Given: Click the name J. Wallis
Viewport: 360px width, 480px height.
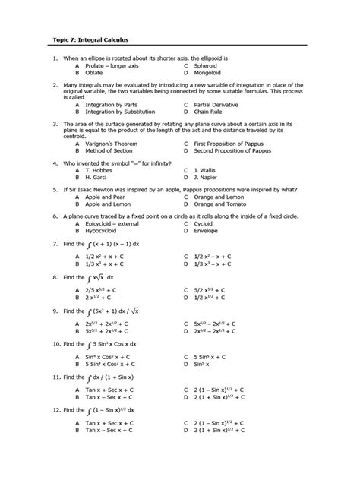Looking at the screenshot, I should pyautogui.click(x=207, y=170).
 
